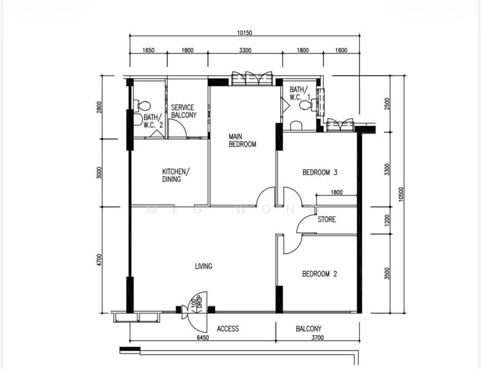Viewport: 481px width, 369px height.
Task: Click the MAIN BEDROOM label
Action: [x=242, y=140]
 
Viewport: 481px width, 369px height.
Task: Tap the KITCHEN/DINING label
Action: [x=176, y=175]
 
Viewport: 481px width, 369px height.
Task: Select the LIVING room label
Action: [x=204, y=266]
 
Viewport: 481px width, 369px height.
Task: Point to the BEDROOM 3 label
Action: [x=320, y=172]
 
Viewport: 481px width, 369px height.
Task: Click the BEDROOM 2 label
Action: [x=319, y=274]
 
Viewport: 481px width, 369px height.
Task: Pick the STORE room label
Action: [x=327, y=219]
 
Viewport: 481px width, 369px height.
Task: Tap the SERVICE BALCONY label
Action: [x=184, y=111]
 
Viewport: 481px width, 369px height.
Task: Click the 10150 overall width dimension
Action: [x=244, y=33]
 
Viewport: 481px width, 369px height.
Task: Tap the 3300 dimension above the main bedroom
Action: [x=245, y=50]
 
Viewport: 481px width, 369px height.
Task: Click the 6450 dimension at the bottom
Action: [x=203, y=338]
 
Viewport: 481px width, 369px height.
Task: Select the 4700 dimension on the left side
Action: [x=98, y=260]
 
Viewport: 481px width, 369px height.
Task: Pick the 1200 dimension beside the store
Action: [x=387, y=220]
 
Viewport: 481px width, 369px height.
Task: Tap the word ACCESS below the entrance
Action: [x=228, y=329]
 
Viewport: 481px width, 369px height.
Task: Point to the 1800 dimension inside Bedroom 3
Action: [x=337, y=192]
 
